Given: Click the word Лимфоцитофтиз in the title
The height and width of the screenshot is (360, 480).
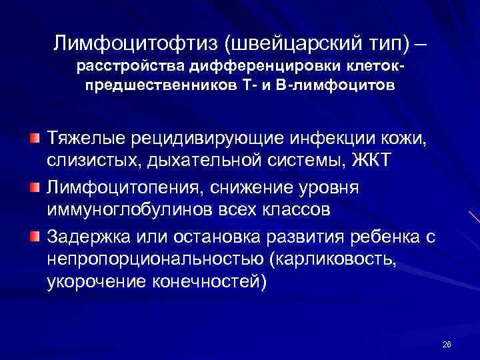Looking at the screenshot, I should click(136, 44).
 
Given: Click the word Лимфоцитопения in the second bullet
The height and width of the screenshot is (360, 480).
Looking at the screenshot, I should click(124, 187).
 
